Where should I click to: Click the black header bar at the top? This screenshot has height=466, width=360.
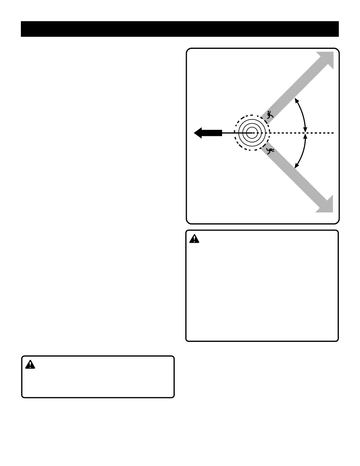coord(180,29)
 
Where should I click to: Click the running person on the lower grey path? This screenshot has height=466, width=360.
coord(270,151)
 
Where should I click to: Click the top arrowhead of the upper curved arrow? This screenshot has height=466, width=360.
coord(296,100)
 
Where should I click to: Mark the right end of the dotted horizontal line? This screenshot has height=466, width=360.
coord(333,133)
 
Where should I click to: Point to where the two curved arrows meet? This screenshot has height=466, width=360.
coord(305,133)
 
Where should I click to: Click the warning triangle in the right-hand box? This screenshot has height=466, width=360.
coord(194,239)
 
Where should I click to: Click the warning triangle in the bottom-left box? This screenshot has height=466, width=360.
coord(30,365)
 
